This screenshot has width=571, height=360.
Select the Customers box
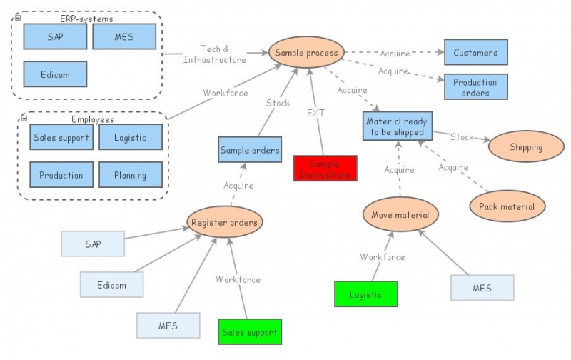click(x=475, y=53)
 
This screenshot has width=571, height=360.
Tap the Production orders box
click(x=475, y=87)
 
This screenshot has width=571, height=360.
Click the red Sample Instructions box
click(x=325, y=169)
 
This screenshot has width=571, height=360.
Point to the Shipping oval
click(x=526, y=147)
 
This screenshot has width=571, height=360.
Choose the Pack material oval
click(x=507, y=206)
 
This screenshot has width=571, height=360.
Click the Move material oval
click(x=400, y=214)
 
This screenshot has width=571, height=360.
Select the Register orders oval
click(x=224, y=222)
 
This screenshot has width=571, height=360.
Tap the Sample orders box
click(x=250, y=150)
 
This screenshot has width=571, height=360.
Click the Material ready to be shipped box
click(x=397, y=126)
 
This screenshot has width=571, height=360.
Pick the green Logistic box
click(x=365, y=294)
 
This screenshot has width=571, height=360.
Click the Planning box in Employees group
click(x=130, y=175)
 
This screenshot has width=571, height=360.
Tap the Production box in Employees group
click(x=61, y=175)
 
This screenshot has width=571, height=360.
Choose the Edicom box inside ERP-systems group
click(x=55, y=74)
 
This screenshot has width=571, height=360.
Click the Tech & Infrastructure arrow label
click(x=214, y=54)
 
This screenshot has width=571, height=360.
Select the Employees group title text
click(x=92, y=120)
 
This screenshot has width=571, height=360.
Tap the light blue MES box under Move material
click(x=482, y=288)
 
